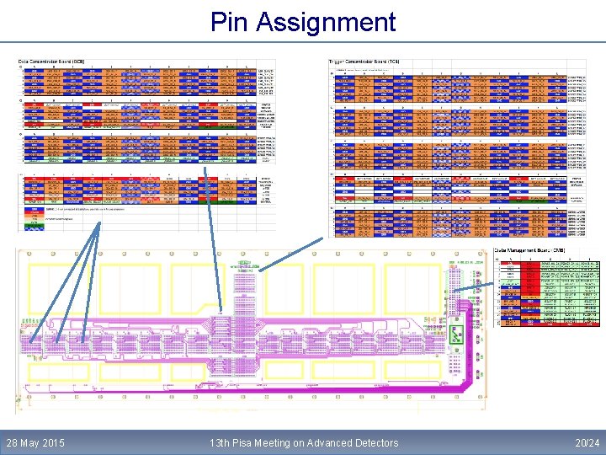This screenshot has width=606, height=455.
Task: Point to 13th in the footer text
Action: point(221,442)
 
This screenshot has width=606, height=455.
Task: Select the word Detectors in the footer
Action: point(379,442)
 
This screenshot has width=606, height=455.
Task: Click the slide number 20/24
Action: point(587,442)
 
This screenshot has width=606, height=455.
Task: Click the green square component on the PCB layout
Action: point(457,335)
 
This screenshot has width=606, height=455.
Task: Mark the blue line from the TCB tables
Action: point(290,254)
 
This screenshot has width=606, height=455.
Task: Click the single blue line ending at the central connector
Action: point(211,236)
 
